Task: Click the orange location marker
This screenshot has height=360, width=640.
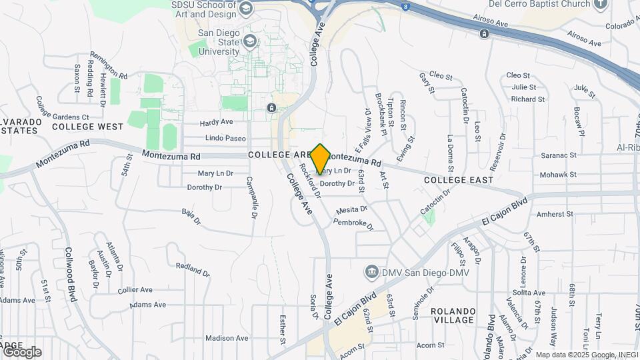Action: pyautogui.click(x=320, y=159)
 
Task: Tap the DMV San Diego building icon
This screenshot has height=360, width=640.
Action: pyautogui.click(x=371, y=272)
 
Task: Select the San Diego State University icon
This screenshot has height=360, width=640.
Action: pyautogui.click(x=249, y=41)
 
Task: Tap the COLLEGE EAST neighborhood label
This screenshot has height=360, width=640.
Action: pyautogui.click(x=459, y=180)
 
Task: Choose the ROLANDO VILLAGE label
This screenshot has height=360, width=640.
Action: pyautogui.click(x=453, y=315)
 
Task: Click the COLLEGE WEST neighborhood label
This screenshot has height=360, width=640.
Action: pyautogui.click(x=87, y=127)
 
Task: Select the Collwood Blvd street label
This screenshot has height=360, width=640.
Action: pyautogui.click(x=77, y=273)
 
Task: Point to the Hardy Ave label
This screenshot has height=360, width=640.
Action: pyautogui.click(x=217, y=122)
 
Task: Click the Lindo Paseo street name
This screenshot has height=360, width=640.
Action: pyautogui.click(x=226, y=138)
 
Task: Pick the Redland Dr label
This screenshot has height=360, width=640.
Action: pyautogui.click(x=193, y=269)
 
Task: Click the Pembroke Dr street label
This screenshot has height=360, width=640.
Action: pyautogui.click(x=353, y=225)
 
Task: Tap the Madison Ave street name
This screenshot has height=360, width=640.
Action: pyautogui.click(x=227, y=338)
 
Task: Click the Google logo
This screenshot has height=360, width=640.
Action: pyautogui.click(x=21, y=351)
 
